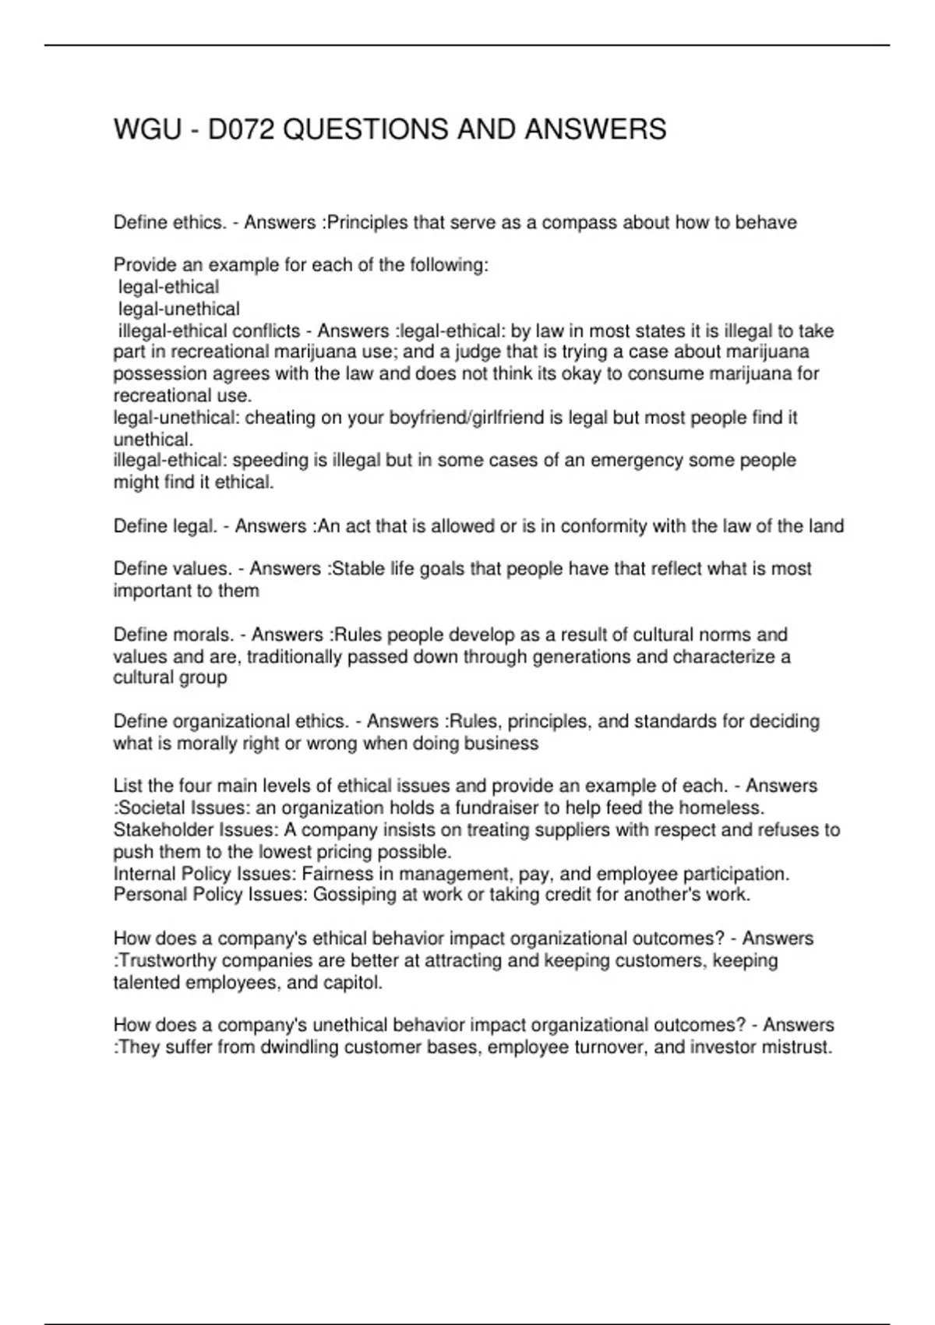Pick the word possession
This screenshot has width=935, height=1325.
coord(158,374)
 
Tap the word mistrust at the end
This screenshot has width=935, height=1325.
coord(799,1048)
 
